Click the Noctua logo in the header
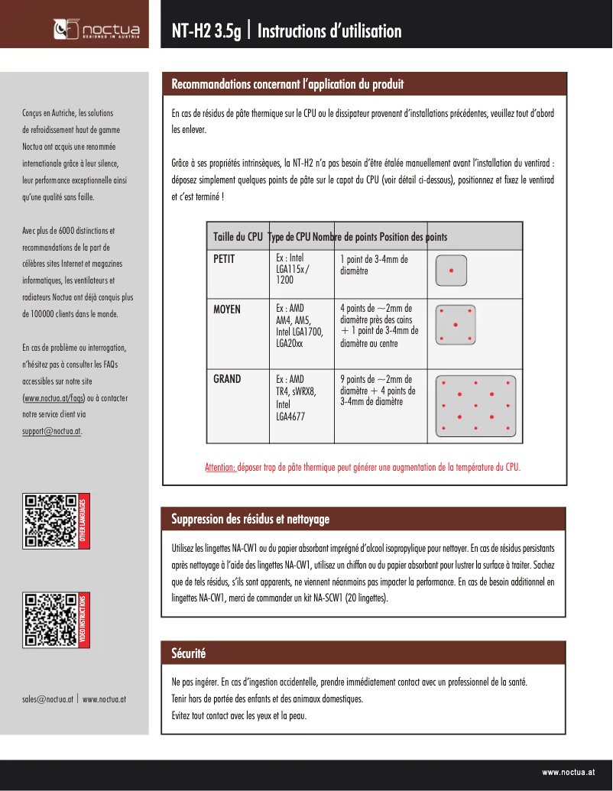pyautogui.click(x=90, y=29)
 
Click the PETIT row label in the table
pyautogui.click(x=224, y=259)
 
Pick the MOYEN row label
pyautogui.click(x=227, y=310)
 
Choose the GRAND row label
pyautogui.click(x=227, y=379)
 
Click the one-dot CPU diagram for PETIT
pyautogui.click(x=451, y=271)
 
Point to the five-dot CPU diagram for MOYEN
pyautogui.click(x=456, y=325)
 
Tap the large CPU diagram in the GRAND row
pyautogui.click(x=475, y=406)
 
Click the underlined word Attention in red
pyautogui.click(x=220, y=467)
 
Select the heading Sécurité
pyautogui.click(x=189, y=653)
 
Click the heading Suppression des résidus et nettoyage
pyautogui.click(x=251, y=520)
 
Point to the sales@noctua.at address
pyautogui.click(x=47, y=699)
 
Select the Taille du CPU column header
pyautogui.click(x=238, y=237)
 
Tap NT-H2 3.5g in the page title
pyautogui.click(x=206, y=31)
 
